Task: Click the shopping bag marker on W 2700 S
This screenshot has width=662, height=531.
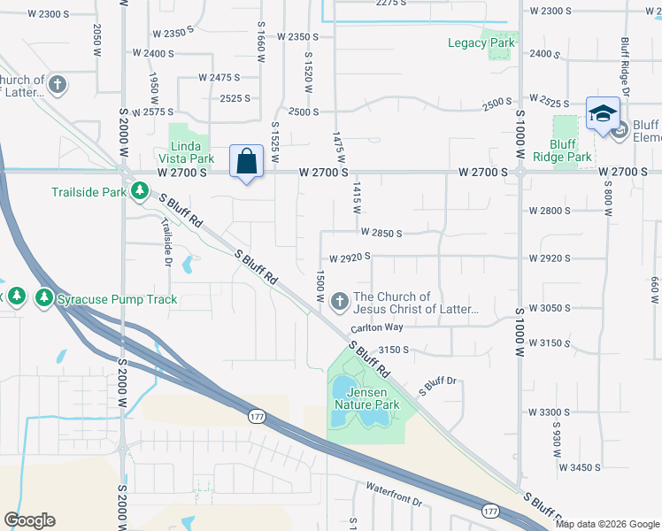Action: click(x=247, y=162)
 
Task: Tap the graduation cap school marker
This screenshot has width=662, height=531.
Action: click(x=602, y=114)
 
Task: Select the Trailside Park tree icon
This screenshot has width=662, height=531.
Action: click(x=139, y=190)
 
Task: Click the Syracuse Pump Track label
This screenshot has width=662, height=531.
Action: click(x=117, y=299)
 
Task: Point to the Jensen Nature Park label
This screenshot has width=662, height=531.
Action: click(x=367, y=398)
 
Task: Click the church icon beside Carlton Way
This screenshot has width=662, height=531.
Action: click(x=339, y=303)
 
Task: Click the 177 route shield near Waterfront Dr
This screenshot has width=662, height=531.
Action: click(x=490, y=511)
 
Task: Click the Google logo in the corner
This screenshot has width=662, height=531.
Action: click(x=29, y=520)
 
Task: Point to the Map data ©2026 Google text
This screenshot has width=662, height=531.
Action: click(x=607, y=524)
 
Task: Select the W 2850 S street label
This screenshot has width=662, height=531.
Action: click(x=381, y=233)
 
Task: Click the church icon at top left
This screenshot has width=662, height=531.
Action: click(x=58, y=86)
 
